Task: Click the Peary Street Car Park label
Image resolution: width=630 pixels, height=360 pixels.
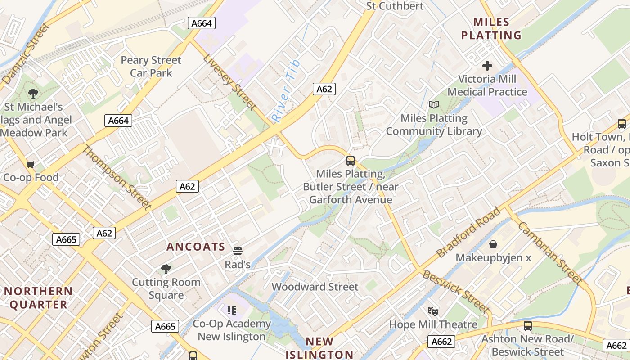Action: (151, 67)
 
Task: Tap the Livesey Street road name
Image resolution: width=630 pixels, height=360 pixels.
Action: (229, 82)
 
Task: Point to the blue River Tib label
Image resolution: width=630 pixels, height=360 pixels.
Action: (286, 91)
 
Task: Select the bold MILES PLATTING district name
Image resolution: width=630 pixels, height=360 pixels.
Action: (491, 28)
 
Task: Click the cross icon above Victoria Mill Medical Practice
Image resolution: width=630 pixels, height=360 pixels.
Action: (487, 66)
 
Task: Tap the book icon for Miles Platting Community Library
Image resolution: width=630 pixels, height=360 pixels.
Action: (433, 105)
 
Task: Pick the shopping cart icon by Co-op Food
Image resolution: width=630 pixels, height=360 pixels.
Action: (30, 164)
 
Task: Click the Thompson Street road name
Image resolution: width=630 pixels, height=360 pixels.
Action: (116, 177)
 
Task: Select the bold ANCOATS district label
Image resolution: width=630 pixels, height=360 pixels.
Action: (196, 247)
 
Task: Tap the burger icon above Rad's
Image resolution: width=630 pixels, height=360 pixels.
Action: (237, 251)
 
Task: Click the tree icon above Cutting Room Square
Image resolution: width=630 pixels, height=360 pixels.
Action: (166, 269)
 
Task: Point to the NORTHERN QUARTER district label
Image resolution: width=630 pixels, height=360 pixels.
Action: (38, 297)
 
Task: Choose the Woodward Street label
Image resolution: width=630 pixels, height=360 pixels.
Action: (315, 287)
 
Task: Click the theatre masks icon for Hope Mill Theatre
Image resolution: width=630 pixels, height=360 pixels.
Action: (433, 311)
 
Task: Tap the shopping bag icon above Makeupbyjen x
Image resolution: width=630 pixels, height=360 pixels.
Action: (493, 244)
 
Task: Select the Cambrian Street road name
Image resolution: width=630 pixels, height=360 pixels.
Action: (550, 252)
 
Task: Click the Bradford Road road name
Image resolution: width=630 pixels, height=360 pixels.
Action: (468, 232)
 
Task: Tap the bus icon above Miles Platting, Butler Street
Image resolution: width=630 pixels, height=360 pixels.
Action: (350, 160)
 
